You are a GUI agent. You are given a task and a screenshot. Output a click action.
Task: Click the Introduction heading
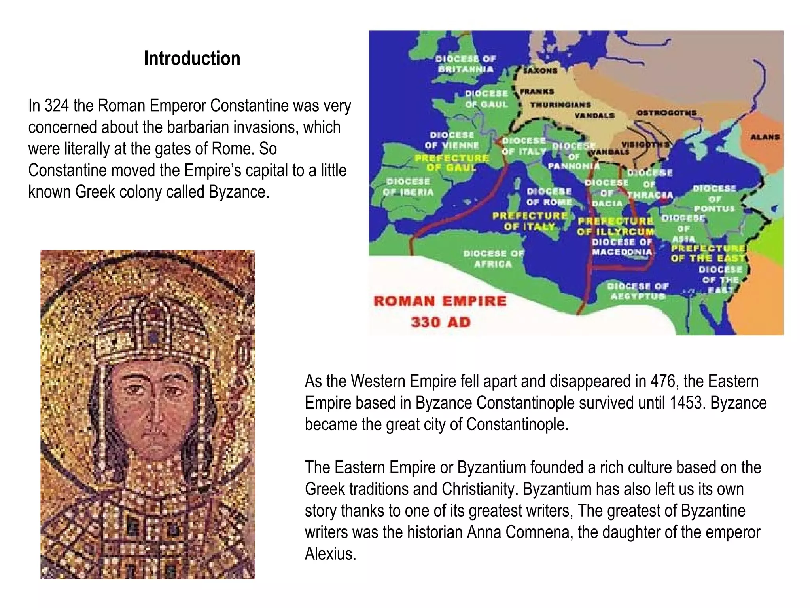tap(192, 59)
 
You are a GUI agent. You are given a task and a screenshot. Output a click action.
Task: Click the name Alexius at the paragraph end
tap(330, 554)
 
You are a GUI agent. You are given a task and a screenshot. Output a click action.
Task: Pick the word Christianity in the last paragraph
tap(480, 489)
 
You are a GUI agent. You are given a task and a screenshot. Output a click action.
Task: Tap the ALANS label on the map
tap(765, 137)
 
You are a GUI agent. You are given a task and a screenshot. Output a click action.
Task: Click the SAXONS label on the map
tap(540, 71)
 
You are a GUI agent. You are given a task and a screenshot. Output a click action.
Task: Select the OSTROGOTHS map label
tap(666, 113)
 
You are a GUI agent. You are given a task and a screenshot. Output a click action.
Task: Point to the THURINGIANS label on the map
tap(560, 104)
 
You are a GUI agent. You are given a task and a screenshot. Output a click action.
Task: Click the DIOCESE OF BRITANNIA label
tap(466, 64)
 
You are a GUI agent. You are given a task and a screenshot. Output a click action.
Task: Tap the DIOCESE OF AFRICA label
tap(493, 258)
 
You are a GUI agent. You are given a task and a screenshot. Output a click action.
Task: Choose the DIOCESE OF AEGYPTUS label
tap(638, 291)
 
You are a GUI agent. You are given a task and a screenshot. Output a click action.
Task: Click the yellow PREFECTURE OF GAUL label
tap(452, 163)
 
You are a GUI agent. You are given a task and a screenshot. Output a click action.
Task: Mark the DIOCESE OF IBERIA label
tap(408, 187)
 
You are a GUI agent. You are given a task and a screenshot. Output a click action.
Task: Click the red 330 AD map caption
tap(441, 322)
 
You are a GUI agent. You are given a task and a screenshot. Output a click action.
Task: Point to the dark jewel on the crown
tap(152, 337)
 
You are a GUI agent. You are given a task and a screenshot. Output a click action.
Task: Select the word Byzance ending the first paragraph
tap(239, 192)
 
